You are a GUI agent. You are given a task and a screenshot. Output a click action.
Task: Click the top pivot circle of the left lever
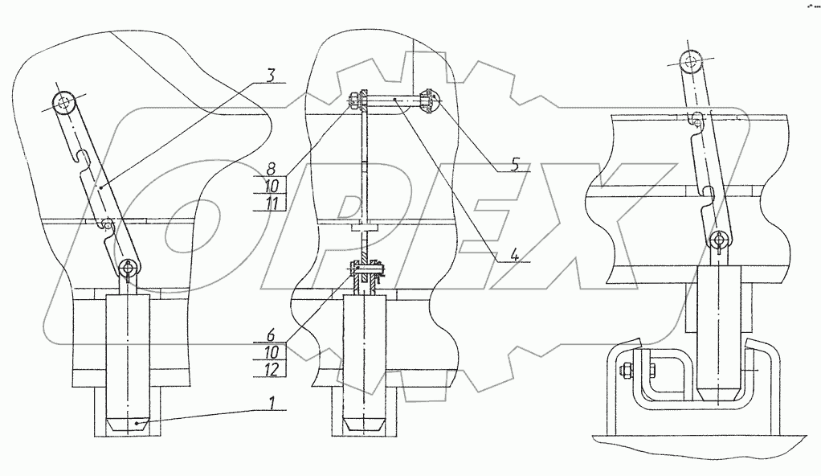pos(63,101)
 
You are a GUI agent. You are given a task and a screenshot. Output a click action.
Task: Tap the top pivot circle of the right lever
pos(690,59)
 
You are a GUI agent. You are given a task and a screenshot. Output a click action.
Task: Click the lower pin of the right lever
pos(721,240)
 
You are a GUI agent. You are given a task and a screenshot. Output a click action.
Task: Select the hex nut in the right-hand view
pos(626,371)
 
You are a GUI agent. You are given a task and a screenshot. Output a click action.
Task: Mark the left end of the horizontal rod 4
pos(356,100)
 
